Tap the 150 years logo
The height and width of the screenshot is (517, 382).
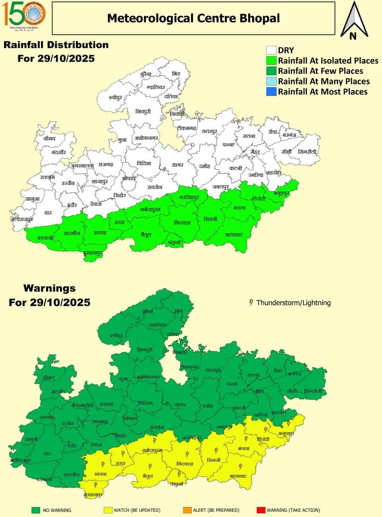click(25, 15)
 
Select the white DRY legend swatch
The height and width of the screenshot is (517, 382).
click(271, 50)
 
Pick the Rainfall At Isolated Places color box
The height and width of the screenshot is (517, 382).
click(271, 60)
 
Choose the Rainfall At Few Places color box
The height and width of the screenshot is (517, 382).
click(271, 71)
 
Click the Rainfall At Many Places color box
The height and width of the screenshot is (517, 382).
click(271, 81)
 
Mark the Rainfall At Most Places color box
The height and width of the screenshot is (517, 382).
click(271, 91)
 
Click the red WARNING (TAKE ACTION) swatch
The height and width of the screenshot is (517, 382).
click(261, 510)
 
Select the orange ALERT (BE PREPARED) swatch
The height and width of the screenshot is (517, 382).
click(187, 510)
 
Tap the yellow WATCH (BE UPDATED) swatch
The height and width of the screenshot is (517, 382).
click(108, 510)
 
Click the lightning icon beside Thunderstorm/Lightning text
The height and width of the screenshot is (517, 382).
click(251, 303)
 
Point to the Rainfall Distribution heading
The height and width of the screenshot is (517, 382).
click(56, 45)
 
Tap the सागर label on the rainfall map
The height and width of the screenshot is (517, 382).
click(177, 165)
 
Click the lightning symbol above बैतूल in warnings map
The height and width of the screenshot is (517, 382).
click(150, 466)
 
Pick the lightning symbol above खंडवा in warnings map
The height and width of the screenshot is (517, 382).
click(103, 464)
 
